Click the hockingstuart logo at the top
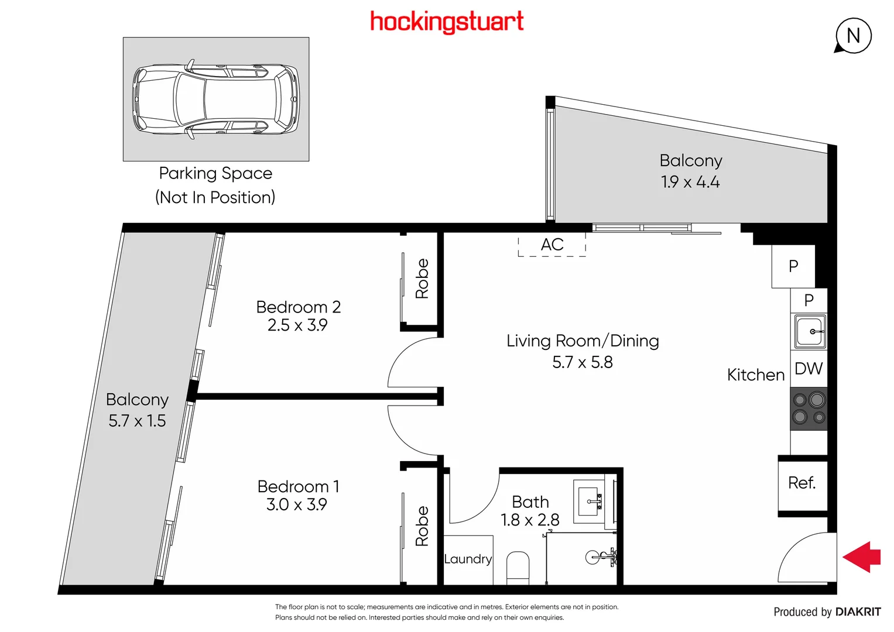[x=447, y=22]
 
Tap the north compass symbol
[x=853, y=36]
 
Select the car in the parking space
[x=216, y=98]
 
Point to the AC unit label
[x=552, y=245]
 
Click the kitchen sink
[x=810, y=331]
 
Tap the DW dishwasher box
[x=809, y=369]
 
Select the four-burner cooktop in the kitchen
[x=809, y=409]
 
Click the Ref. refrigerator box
[x=802, y=483]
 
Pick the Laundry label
[x=468, y=559]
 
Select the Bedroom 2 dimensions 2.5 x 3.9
[x=297, y=325]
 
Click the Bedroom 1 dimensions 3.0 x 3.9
[x=297, y=504]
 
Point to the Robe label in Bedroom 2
[x=422, y=279]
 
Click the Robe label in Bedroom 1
[x=422, y=526]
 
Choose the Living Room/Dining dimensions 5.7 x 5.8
[x=583, y=362]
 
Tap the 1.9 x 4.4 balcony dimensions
[x=690, y=182]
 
